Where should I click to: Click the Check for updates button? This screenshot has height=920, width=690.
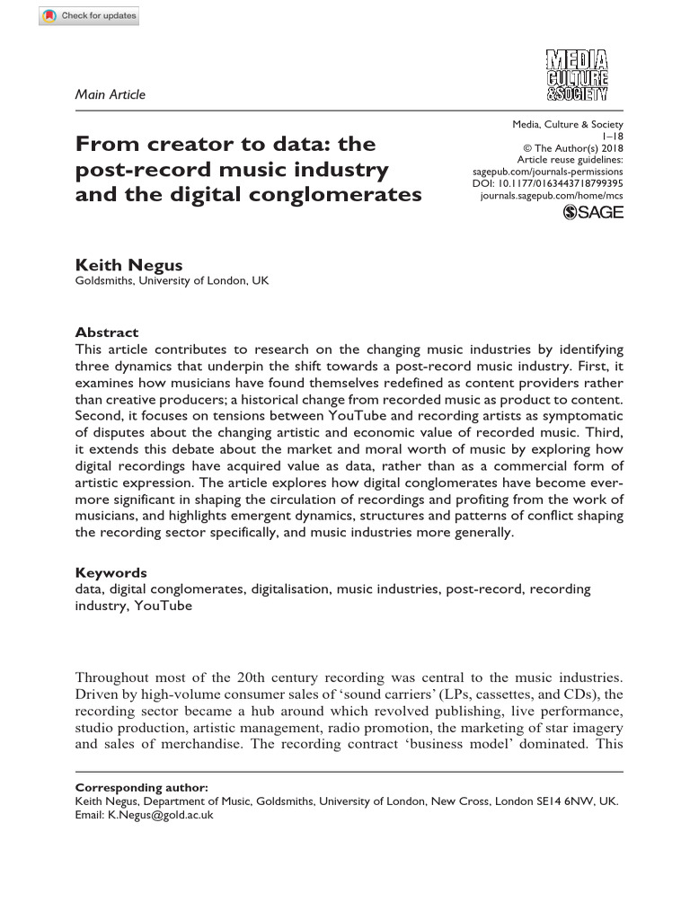click(x=89, y=17)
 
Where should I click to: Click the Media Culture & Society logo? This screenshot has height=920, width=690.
click(x=577, y=75)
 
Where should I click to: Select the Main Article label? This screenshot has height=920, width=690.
click(x=110, y=94)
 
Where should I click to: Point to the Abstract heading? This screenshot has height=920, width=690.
click(x=106, y=332)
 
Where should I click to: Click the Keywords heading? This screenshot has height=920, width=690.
click(x=111, y=572)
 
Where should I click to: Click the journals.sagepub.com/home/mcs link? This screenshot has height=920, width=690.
click(x=552, y=194)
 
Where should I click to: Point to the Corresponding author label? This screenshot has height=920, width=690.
click(x=141, y=787)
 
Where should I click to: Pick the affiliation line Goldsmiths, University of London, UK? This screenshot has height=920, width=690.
click(x=171, y=281)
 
